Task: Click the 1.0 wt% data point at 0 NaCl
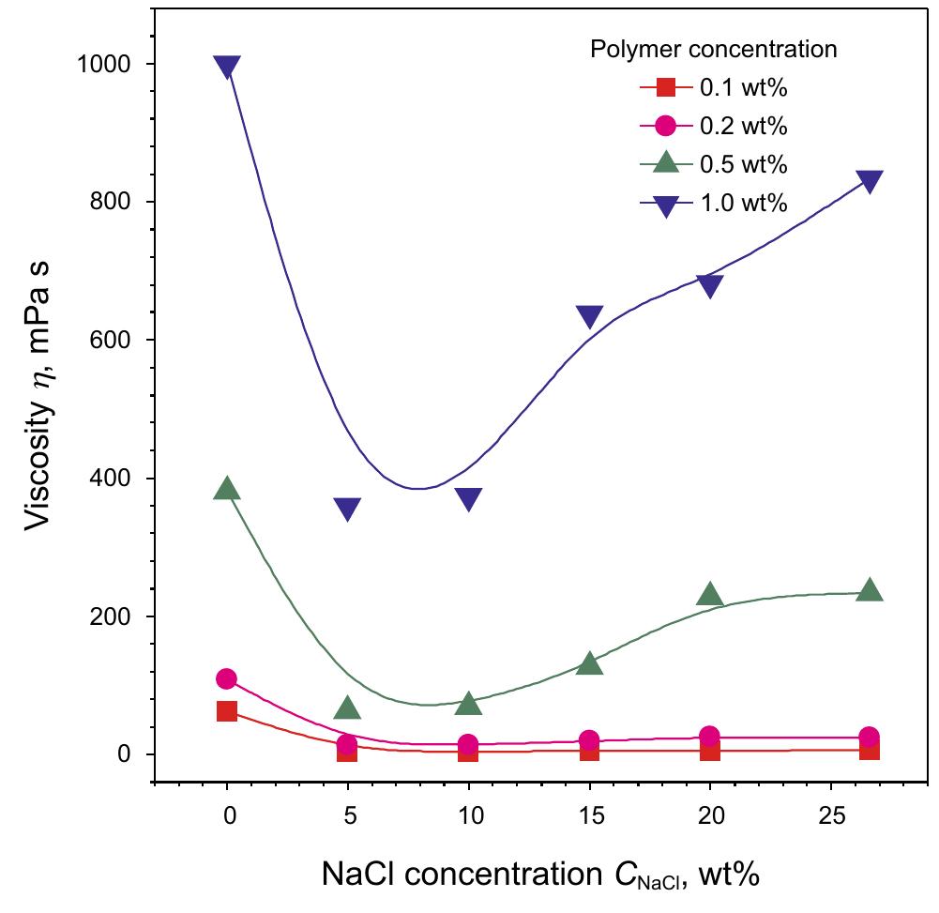click(x=226, y=67)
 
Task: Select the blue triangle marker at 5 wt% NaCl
click(x=347, y=509)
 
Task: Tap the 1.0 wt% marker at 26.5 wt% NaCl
click(x=869, y=181)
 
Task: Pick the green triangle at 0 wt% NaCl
click(x=226, y=489)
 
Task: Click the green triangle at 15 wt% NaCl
click(x=589, y=663)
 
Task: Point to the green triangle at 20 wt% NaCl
click(x=710, y=594)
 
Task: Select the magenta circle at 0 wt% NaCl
click(x=226, y=678)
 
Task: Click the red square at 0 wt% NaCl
click(x=226, y=711)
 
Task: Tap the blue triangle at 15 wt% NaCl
click(x=589, y=317)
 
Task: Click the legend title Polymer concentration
click(x=713, y=49)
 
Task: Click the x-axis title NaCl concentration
click(x=539, y=875)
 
